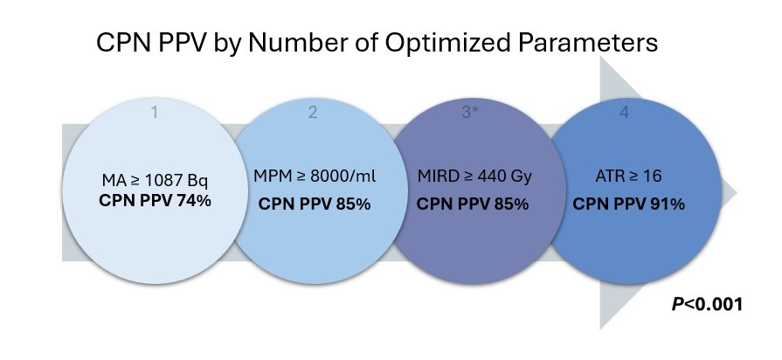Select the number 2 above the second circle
pos(312,111)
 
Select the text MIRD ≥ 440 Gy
pos(473,177)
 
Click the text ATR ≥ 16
pos(628,177)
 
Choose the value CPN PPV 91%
pos(628,204)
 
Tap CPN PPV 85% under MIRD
pos(473,204)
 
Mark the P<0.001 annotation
pos(708,305)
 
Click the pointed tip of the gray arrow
pos(737,192)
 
